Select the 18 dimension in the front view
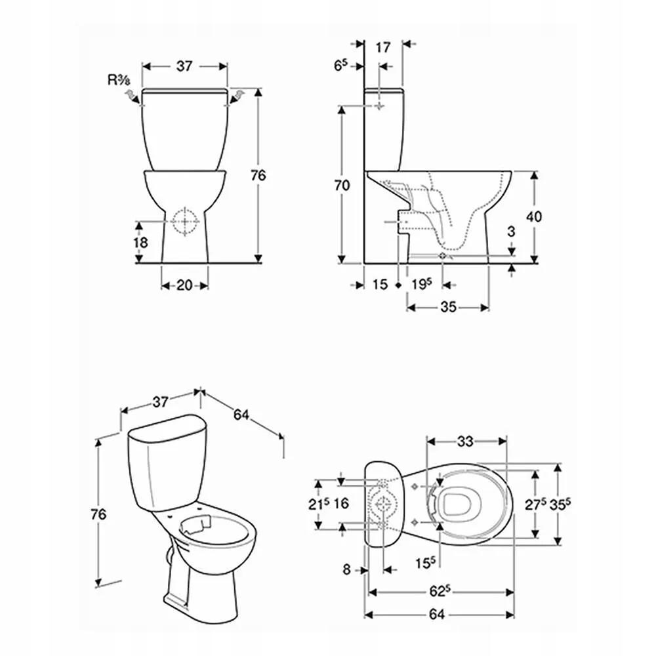pos(140,242)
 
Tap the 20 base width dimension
pos(184,285)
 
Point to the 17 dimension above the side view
pos(383,48)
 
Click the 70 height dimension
pos(342,185)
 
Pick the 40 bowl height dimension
pos(533,216)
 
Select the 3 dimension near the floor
pos(511,232)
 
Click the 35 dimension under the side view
pos(448,308)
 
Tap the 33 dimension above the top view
pos(465,441)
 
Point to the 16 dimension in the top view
pos(341,503)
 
